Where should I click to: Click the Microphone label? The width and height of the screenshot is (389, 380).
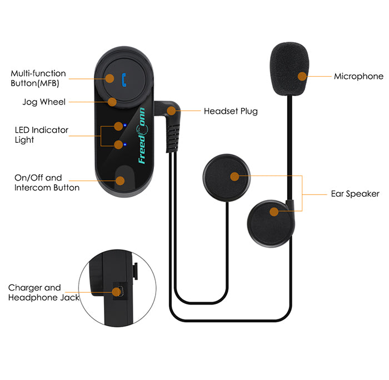(x=358, y=77)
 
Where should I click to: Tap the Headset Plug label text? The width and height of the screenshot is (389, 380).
(x=231, y=111)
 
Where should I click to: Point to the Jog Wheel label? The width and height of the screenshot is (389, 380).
(x=44, y=102)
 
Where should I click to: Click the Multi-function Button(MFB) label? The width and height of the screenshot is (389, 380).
(x=38, y=78)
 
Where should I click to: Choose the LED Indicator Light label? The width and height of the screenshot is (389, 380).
(x=41, y=135)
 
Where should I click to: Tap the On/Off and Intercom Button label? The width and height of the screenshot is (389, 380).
(x=47, y=183)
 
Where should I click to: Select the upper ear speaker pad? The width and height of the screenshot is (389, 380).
(x=228, y=176)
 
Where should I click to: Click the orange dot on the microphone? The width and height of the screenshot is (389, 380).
(x=302, y=76)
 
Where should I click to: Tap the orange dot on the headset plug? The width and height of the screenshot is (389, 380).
(x=172, y=111)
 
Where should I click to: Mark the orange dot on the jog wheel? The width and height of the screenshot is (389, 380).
(x=112, y=102)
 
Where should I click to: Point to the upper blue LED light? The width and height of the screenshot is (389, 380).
(x=126, y=126)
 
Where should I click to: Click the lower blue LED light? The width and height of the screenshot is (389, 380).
(x=125, y=145)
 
